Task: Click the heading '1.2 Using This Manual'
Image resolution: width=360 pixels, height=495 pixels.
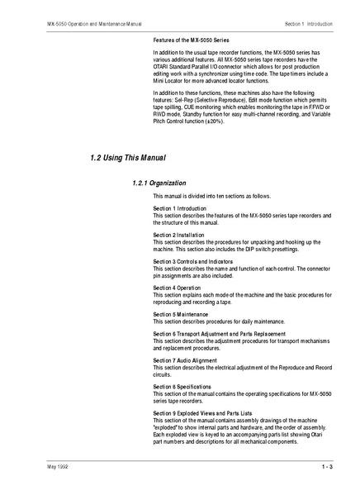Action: coord(127,157)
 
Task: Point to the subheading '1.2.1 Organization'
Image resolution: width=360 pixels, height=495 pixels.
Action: coord(159,182)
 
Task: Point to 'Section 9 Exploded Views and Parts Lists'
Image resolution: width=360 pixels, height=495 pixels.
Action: coord(202,412)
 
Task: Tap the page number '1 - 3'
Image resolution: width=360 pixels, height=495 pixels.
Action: coord(326,469)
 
